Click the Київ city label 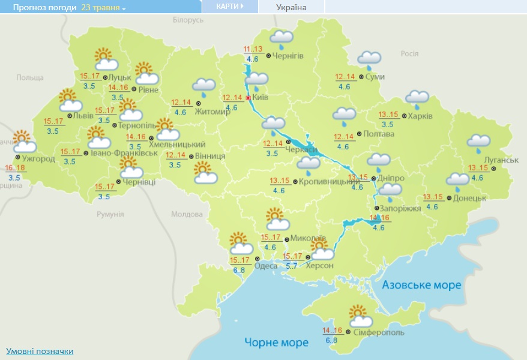[x=260, y=98]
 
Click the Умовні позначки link [x=40, y=351]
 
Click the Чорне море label [x=276, y=343]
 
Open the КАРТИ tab [x=230, y=7]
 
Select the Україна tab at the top [x=291, y=7]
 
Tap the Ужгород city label [x=39, y=159]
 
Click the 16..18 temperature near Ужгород [x=14, y=168]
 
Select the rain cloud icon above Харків [x=417, y=98]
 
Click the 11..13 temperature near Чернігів [x=253, y=49]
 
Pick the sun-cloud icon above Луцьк [x=106, y=59]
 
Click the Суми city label [x=378, y=77]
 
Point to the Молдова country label [x=187, y=214]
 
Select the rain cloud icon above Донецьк [x=457, y=180]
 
